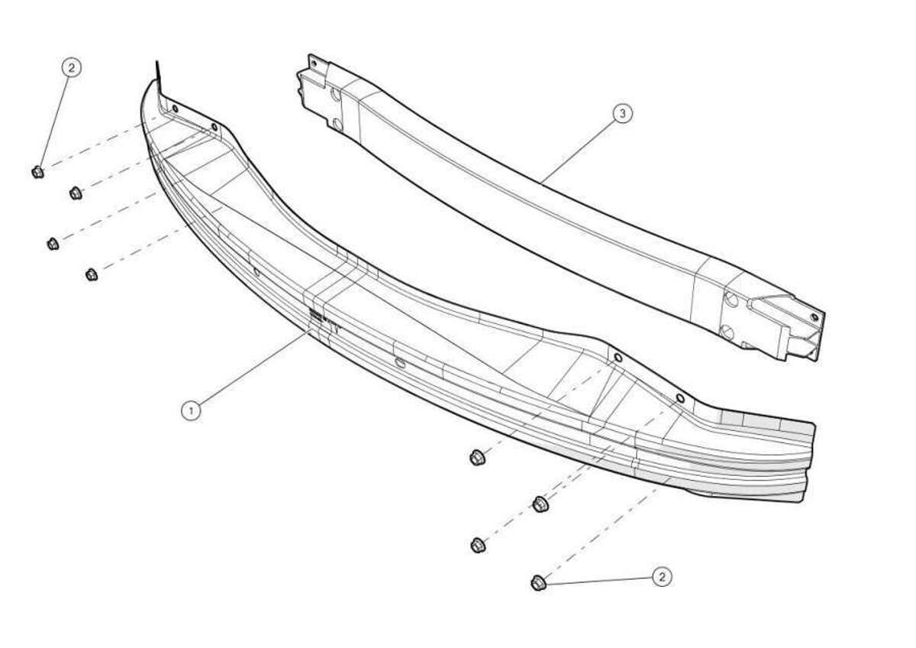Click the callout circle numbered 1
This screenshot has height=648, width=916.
(191, 410)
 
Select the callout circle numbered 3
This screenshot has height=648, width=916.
(622, 113)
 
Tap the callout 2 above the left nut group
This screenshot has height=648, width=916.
(72, 68)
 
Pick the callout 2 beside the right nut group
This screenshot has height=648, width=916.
(662, 577)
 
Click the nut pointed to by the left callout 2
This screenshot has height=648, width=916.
(38, 172)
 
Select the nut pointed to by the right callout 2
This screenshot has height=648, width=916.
(538, 582)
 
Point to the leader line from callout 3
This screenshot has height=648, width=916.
(577, 148)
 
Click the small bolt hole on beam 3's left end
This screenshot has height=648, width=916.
(314, 63)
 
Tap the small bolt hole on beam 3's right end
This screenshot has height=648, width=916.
(814, 317)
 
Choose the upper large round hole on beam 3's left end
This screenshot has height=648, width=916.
(335, 96)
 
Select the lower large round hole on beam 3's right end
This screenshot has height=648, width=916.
(726, 332)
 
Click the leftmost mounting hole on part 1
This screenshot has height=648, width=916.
(176, 109)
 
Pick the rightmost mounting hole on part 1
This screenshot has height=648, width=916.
(680, 398)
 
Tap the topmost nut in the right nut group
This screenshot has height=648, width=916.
(477, 457)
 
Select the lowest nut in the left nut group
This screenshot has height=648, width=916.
(92, 274)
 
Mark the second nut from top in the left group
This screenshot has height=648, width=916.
(76, 193)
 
